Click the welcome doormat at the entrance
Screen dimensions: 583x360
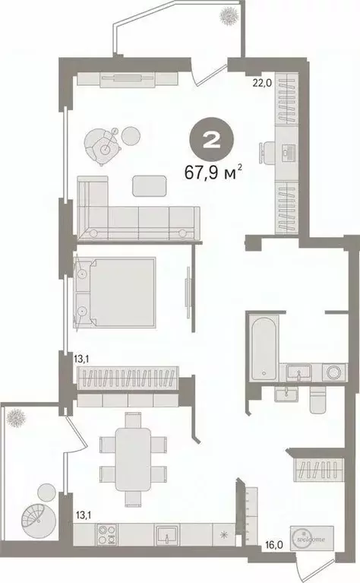click(308, 537)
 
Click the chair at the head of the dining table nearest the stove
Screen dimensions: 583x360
click(133, 499)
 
